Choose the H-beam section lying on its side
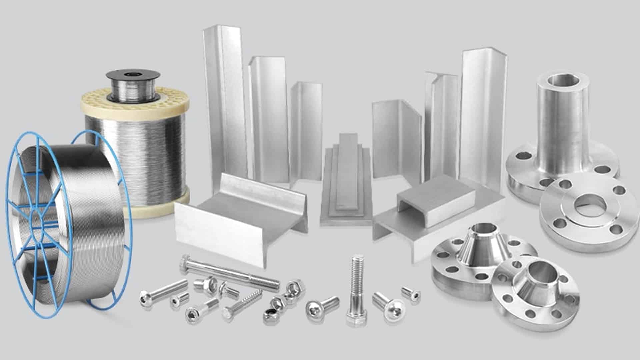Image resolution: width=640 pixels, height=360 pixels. [240, 213]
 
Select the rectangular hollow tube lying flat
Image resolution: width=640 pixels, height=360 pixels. [437, 197]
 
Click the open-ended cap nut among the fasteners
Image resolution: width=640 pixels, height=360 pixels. [295, 287]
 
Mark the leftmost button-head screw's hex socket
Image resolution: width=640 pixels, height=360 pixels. [145, 296]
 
